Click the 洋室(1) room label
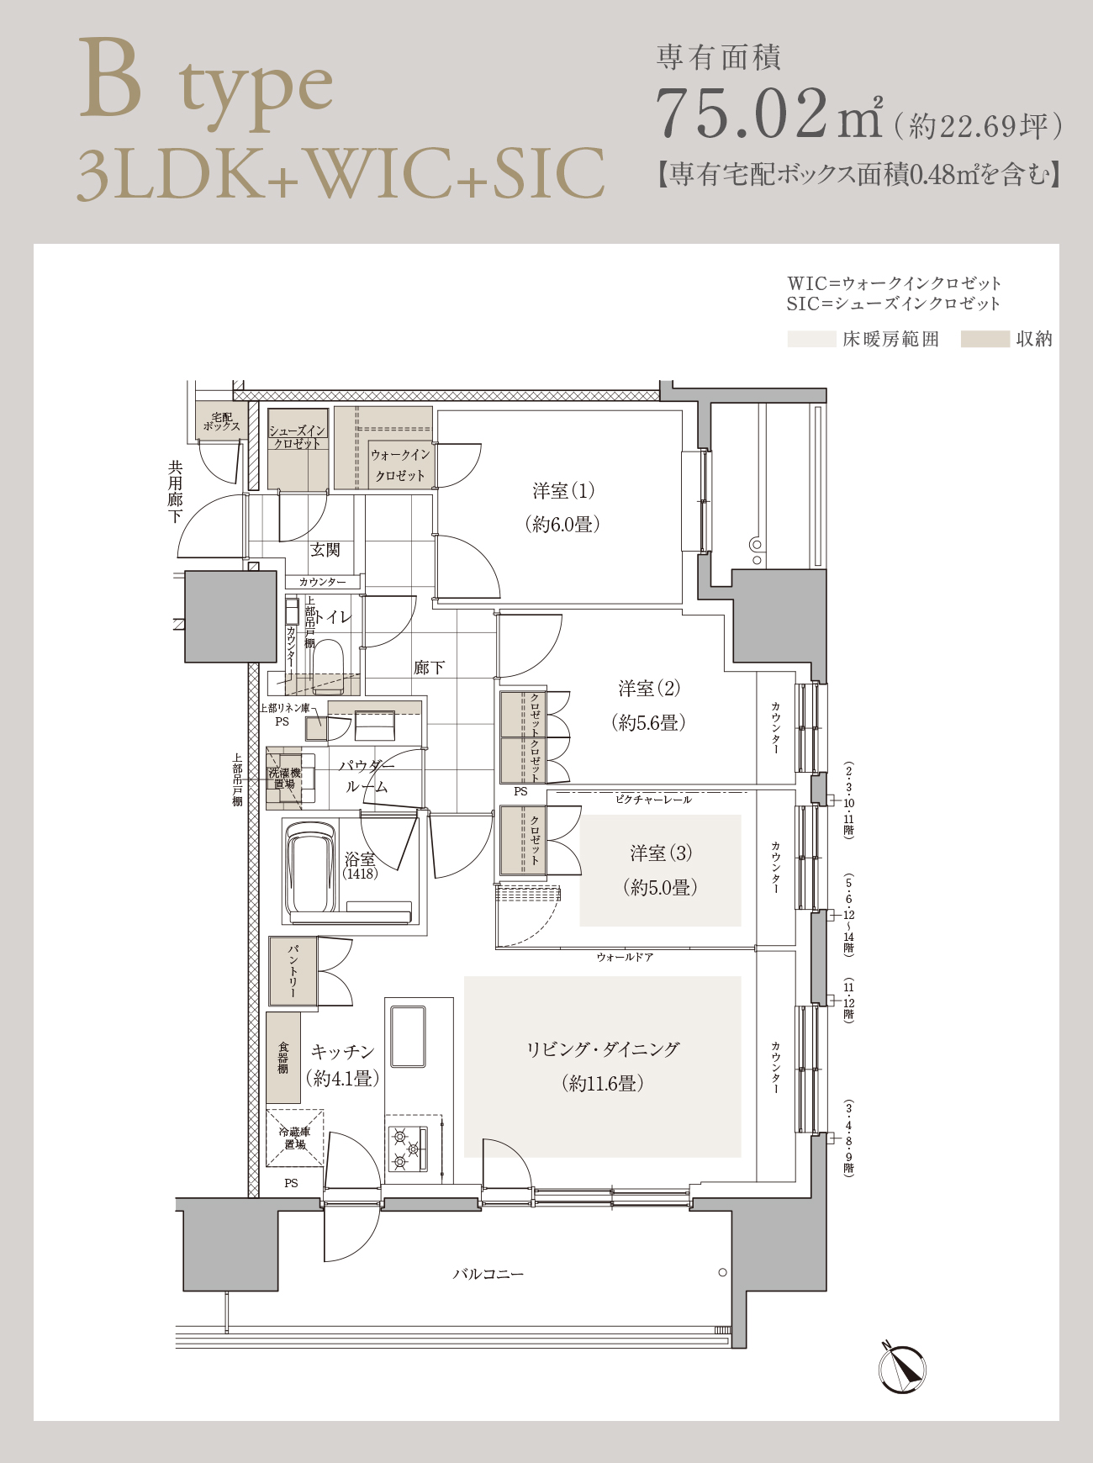[x=563, y=490]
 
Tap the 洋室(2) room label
[x=649, y=689]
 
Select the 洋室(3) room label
[x=661, y=853]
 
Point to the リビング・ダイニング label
[x=602, y=1049]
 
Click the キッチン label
[x=342, y=1051]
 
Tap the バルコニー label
[x=488, y=1274]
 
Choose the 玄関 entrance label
[x=325, y=549]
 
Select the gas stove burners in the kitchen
[x=408, y=1143]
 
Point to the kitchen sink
[x=409, y=1036]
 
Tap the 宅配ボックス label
[x=221, y=421]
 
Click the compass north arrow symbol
[x=902, y=1367]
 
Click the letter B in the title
[x=110, y=80]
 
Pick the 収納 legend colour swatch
[x=985, y=339]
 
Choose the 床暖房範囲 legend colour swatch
[x=811, y=339]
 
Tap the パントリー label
[x=293, y=970]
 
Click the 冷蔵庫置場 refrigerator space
[x=295, y=1138]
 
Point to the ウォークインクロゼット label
[x=400, y=465]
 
